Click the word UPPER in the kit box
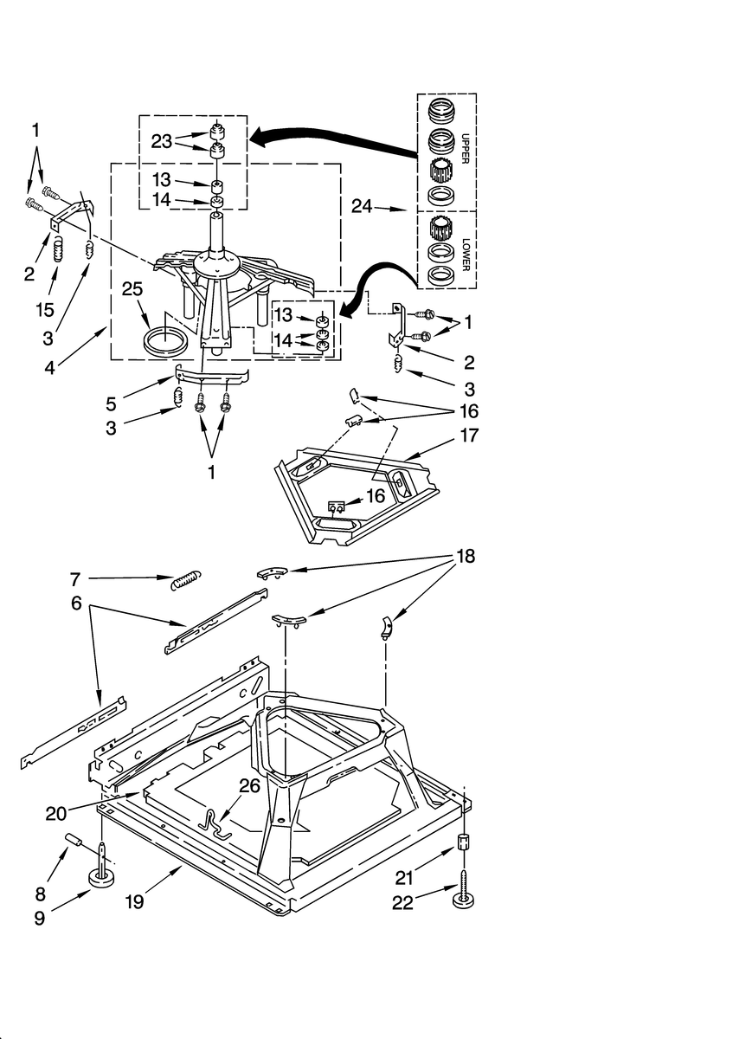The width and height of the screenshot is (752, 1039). (x=465, y=150)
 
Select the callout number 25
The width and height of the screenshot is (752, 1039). (x=132, y=289)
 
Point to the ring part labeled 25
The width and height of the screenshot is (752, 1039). (x=164, y=339)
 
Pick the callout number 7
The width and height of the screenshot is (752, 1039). (x=75, y=577)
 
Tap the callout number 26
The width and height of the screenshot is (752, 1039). (x=248, y=786)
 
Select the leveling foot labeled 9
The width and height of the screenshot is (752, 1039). (x=102, y=878)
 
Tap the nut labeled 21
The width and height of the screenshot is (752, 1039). (x=464, y=842)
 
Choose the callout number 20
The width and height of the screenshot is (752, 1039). (x=58, y=813)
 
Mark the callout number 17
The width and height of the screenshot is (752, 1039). (x=469, y=436)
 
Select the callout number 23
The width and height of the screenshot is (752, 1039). (x=162, y=141)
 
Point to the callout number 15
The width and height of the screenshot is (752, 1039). (x=45, y=309)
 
